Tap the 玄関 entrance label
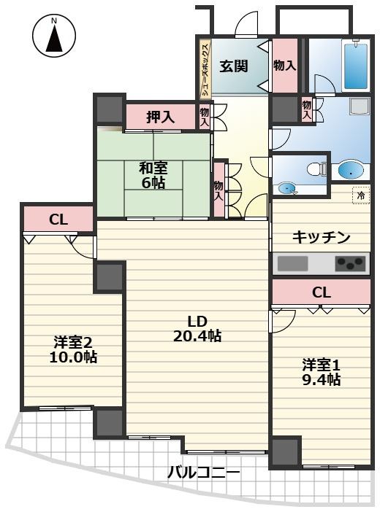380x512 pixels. tap(234, 66)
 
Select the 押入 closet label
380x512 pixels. tap(161, 116)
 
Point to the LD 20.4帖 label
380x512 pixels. tap(197, 328)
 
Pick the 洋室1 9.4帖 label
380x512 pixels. tap(322, 372)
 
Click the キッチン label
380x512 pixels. tap(322, 237)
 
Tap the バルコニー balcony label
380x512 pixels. tap(203, 472)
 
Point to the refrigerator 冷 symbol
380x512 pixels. tap(360, 195)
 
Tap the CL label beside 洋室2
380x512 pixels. tap(58, 218)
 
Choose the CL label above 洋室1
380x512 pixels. tap(322, 292)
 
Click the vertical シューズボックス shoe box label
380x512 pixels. tap(205, 69)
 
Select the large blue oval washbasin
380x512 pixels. tap(351, 171)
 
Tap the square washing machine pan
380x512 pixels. tap(359, 106)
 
